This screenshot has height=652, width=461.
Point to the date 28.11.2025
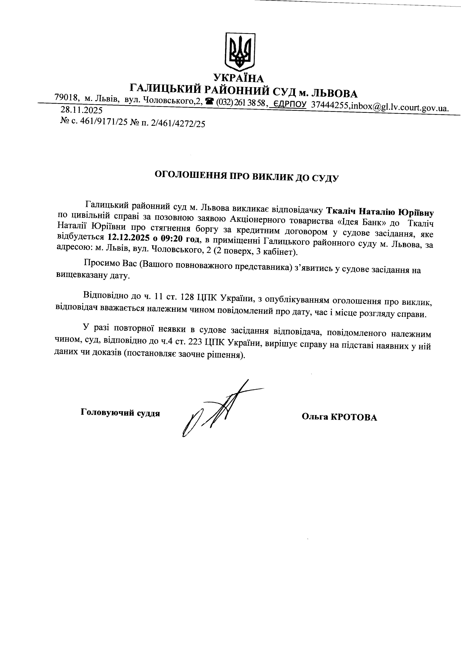(82, 110)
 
